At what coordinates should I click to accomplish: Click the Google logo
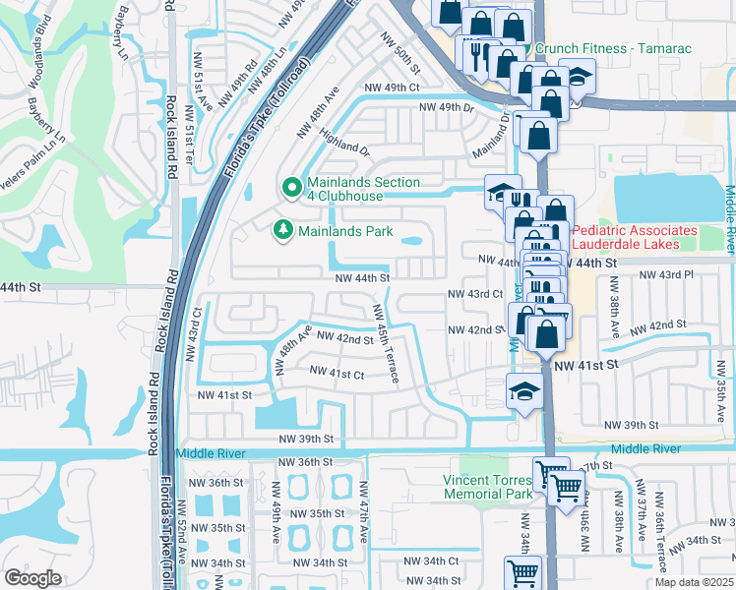pyautogui.click(x=32, y=577)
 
